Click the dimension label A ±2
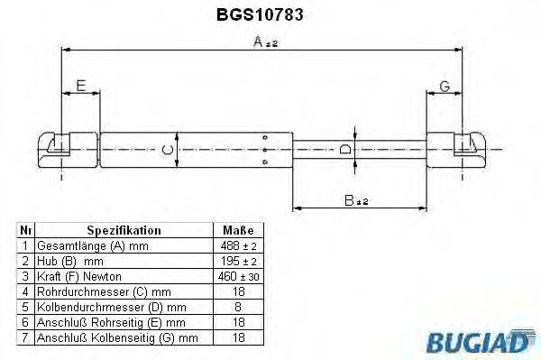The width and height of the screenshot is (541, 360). pyautogui.click(x=265, y=42)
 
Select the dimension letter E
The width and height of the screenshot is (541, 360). pyautogui.click(x=80, y=87)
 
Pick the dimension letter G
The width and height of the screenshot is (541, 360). pyautogui.click(x=445, y=87)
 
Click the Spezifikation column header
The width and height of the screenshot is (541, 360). pyautogui.click(x=124, y=230)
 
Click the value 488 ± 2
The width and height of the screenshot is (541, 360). pyautogui.click(x=238, y=245)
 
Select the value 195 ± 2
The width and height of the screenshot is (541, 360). pyautogui.click(x=238, y=261)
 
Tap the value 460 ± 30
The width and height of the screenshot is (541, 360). pyautogui.click(x=238, y=276)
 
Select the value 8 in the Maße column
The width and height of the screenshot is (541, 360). pyautogui.click(x=238, y=307)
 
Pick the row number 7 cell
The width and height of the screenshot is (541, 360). pyautogui.click(x=26, y=337)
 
